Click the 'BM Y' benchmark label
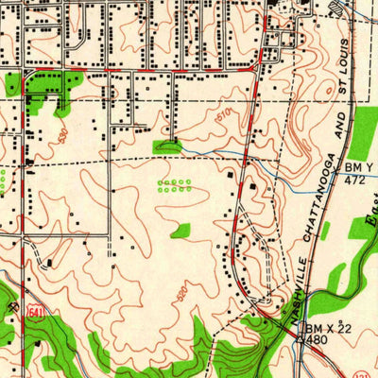point(352,166)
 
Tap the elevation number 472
point(354,178)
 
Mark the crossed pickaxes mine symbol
point(12,307)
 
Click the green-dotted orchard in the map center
point(175,185)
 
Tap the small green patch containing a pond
point(168,146)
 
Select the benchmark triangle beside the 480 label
point(301,337)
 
